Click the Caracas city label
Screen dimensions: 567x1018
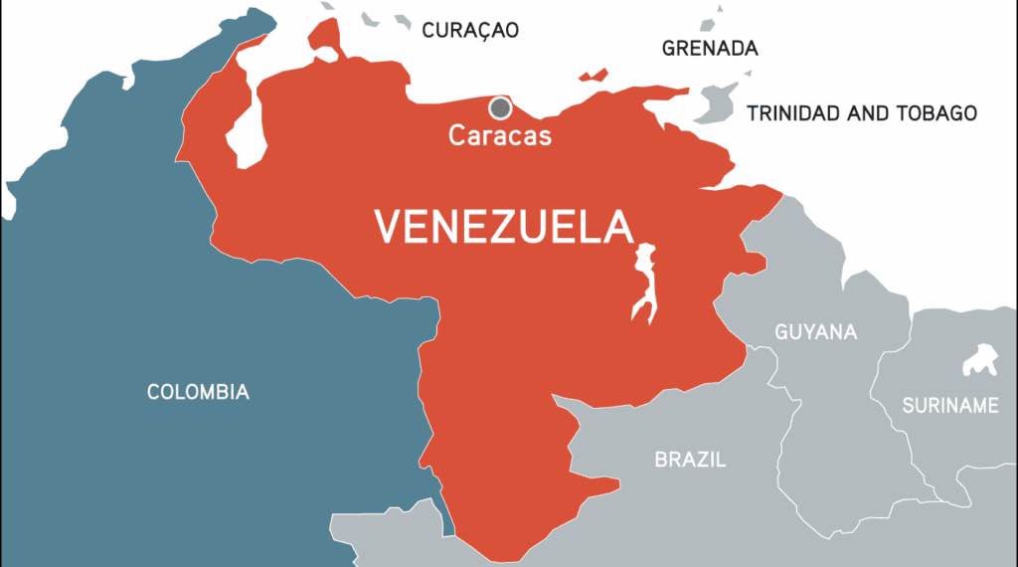(x=500, y=135)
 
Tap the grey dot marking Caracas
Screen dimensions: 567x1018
(x=500, y=107)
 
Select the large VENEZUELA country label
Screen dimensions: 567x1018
(x=503, y=226)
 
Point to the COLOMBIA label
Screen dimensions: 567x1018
(x=198, y=392)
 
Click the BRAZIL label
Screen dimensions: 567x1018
(x=690, y=460)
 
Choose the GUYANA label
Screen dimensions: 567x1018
(x=816, y=332)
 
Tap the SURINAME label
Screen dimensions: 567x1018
(x=949, y=405)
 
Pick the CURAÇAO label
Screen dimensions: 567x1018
(x=470, y=30)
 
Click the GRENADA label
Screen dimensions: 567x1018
(x=710, y=49)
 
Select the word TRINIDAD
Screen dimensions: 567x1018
(x=794, y=113)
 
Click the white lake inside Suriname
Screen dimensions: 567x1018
(x=980, y=359)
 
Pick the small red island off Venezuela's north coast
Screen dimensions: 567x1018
(x=594, y=75)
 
